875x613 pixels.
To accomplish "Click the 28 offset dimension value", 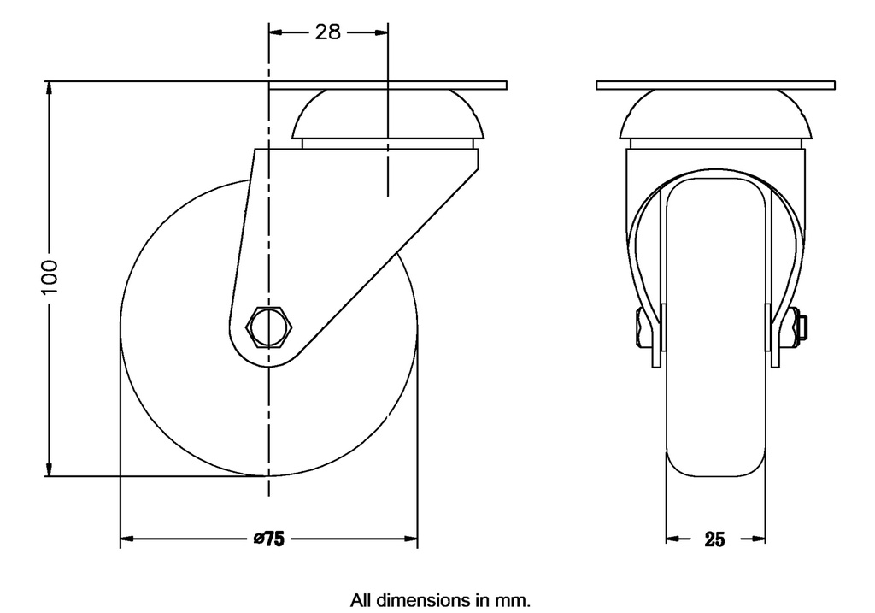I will pyautogui.click(x=328, y=32).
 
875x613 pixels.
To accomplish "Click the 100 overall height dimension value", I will pyautogui.click(x=50, y=278).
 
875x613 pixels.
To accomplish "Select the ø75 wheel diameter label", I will pyautogui.click(x=268, y=539).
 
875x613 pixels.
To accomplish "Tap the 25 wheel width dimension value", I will pyautogui.click(x=715, y=539).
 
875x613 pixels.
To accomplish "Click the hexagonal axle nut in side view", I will pyautogui.click(x=269, y=326).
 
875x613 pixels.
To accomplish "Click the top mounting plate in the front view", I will pyautogui.click(x=715, y=85).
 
